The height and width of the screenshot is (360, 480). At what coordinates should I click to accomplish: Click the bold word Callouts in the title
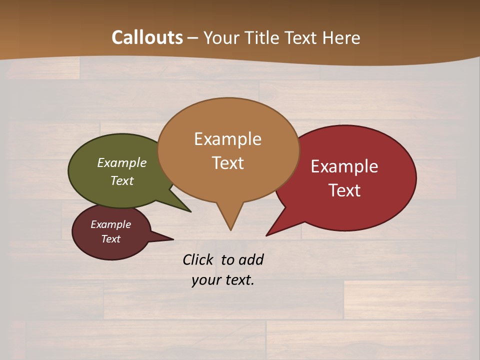pyautogui.click(x=147, y=37)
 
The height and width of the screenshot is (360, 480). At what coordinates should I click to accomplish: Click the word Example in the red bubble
pyautogui.click(x=344, y=166)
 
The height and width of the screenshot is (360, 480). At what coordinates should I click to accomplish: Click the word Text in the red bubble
pyautogui.click(x=344, y=190)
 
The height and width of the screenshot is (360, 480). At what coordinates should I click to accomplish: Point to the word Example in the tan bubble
pyautogui.click(x=227, y=138)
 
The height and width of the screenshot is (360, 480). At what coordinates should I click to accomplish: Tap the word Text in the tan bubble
pyautogui.click(x=227, y=163)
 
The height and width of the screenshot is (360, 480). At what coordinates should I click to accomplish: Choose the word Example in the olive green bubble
pyautogui.click(x=122, y=163)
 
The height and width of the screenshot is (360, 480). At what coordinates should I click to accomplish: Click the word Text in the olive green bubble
pyautogui.click(x=122, y=180)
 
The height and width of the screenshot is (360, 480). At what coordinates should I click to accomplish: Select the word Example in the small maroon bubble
pyautogui.click(x=110, y=224)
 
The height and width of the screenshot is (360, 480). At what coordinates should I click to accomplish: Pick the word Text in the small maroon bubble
pyautogui.click(x=110, y=239)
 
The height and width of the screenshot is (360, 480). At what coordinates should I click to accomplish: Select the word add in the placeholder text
pyautogui.click(x=251, y=259)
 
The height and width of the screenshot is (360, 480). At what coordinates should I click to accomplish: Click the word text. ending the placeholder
pyautogui.click(x=238, y=280)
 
